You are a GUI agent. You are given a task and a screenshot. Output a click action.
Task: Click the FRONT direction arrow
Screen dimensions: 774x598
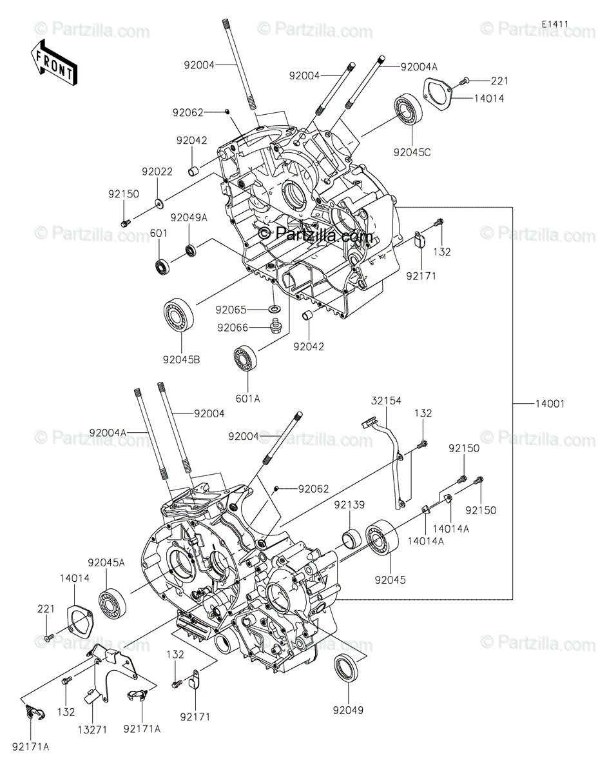pos(53,61)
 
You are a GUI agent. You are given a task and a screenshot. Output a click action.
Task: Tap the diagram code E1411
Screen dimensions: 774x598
pos(554,25)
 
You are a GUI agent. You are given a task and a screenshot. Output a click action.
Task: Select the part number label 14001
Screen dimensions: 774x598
pos(549,404)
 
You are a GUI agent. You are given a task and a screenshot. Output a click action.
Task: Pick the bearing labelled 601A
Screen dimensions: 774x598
pos(247,359)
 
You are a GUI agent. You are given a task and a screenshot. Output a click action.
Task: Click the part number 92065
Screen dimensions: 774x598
pos(230,310)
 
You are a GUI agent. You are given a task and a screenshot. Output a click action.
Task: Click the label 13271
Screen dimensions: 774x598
pos(92,729)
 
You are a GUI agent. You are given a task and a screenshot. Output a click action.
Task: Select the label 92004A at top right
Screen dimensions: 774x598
pos(419,66)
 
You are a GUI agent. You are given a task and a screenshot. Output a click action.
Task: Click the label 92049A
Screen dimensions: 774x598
pos(189,217)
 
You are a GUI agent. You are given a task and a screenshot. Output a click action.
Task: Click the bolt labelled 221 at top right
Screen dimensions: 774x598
pos(465,81)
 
